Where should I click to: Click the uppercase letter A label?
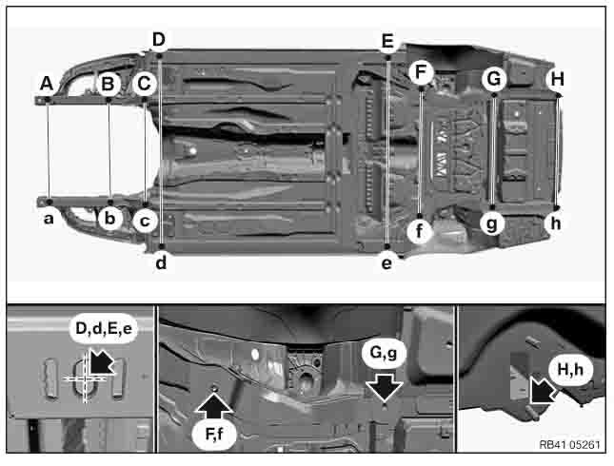click(x=46, y=84)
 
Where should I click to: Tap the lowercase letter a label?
click(x=47, y=217)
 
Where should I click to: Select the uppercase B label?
click(x=109, y=84)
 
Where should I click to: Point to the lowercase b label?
click(x=109, y=219)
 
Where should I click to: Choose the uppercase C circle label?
click(x=145, y=84)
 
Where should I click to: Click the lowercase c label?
click(x=145, y=222)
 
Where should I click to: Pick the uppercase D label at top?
click(x=159, y=39)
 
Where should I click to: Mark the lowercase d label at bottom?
click(x=161, y=262)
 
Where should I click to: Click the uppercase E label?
click(x=386, y=41)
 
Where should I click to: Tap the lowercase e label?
click(x=386, y=262)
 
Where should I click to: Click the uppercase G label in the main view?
click(x=492, y=79)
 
